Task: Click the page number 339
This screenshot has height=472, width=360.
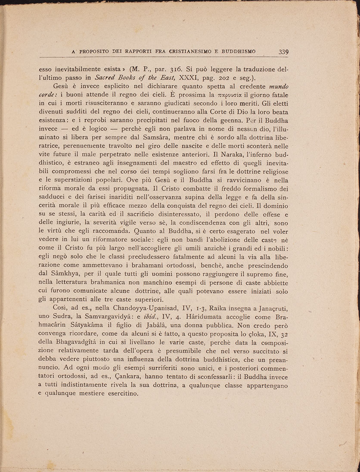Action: tap(283, 52)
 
